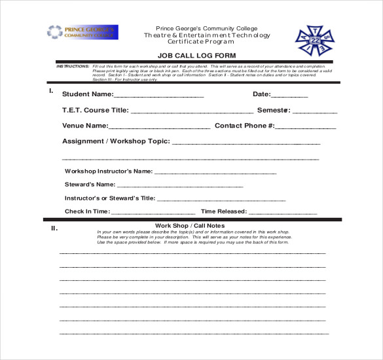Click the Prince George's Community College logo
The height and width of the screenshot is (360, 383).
click(x=82, y=32)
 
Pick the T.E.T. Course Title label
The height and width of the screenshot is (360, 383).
click(x=95, y=111)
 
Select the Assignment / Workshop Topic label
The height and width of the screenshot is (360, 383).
click(x=115, y=141)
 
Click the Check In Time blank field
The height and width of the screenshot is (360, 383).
click(x=153, y=213)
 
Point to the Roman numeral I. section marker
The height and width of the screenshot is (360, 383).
click(x=51, y=90)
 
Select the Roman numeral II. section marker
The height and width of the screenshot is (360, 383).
click(x=54, y=229)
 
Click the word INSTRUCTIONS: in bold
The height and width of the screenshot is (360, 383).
click(x=73, y=67)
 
